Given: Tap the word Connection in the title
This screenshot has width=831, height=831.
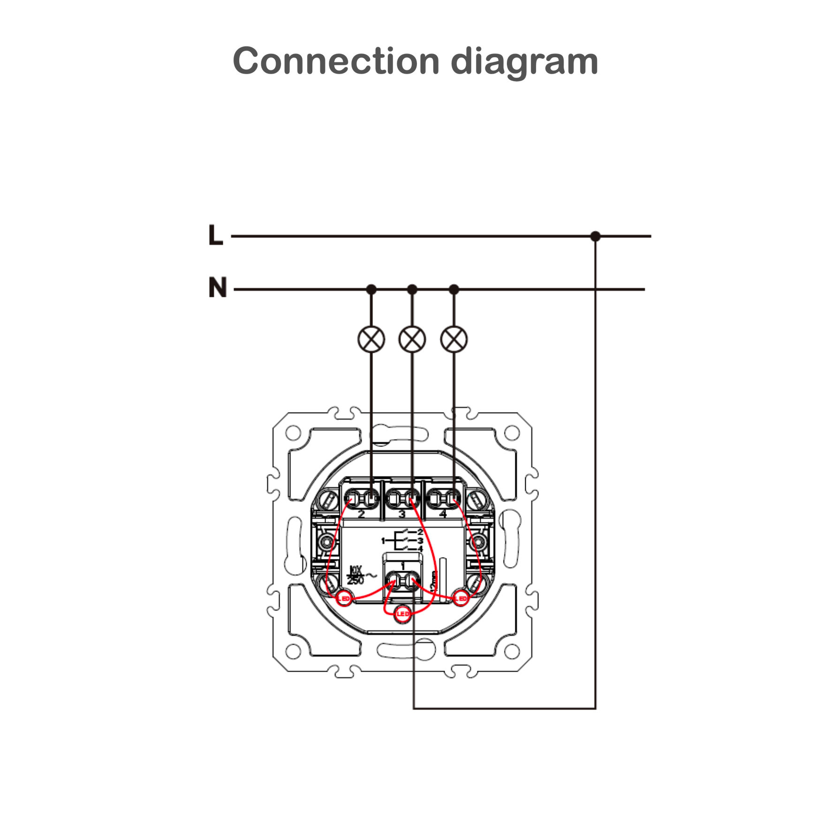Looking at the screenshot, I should click(x=336, y=61).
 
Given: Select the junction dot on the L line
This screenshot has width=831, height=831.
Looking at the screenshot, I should click(x=595, y=236).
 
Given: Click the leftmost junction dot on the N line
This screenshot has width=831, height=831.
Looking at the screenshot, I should click(x=371, y=289).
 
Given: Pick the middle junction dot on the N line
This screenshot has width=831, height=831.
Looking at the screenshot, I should click(x=412, y=289).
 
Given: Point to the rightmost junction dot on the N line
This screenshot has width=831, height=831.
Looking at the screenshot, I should click(x=453, y=289).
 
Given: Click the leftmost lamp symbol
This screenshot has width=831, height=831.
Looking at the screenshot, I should click(x=371, y=339).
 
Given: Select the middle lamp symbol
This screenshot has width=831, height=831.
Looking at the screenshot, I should click(x=412, y=339).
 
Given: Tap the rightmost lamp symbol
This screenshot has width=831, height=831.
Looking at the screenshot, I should click(x=453, y=339).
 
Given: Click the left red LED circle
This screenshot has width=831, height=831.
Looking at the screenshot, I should click(x=345, y=599).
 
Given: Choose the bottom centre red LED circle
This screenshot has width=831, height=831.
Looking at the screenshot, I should click(x=402, y=614).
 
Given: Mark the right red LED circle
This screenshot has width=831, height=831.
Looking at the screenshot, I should click(x=461, y=599).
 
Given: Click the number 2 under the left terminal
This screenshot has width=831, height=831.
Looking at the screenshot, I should click(x=361, y=514).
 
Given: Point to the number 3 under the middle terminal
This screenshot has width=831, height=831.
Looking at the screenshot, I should click(x=402, y=514).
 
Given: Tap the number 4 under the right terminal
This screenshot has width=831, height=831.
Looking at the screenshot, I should click(x=443, y=514).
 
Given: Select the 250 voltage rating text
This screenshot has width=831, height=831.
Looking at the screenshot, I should click(x=355, y=581).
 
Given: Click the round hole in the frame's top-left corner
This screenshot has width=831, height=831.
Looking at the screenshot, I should click(x=293, y=432).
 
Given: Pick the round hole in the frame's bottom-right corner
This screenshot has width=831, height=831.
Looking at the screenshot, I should click(x=512, y=651).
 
